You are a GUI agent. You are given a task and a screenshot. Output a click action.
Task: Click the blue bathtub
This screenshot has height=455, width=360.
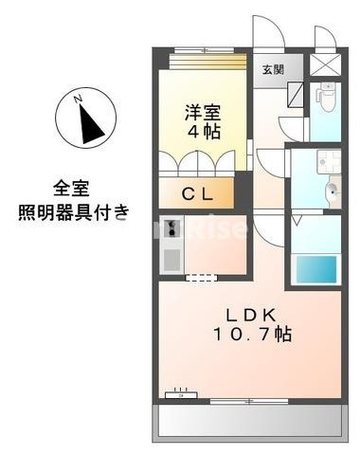[x=315, y=271]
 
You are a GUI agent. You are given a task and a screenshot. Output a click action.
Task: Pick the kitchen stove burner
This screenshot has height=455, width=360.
[x=172, y=228]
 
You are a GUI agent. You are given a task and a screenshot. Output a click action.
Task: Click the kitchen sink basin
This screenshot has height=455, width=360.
[x=172, y=257]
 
